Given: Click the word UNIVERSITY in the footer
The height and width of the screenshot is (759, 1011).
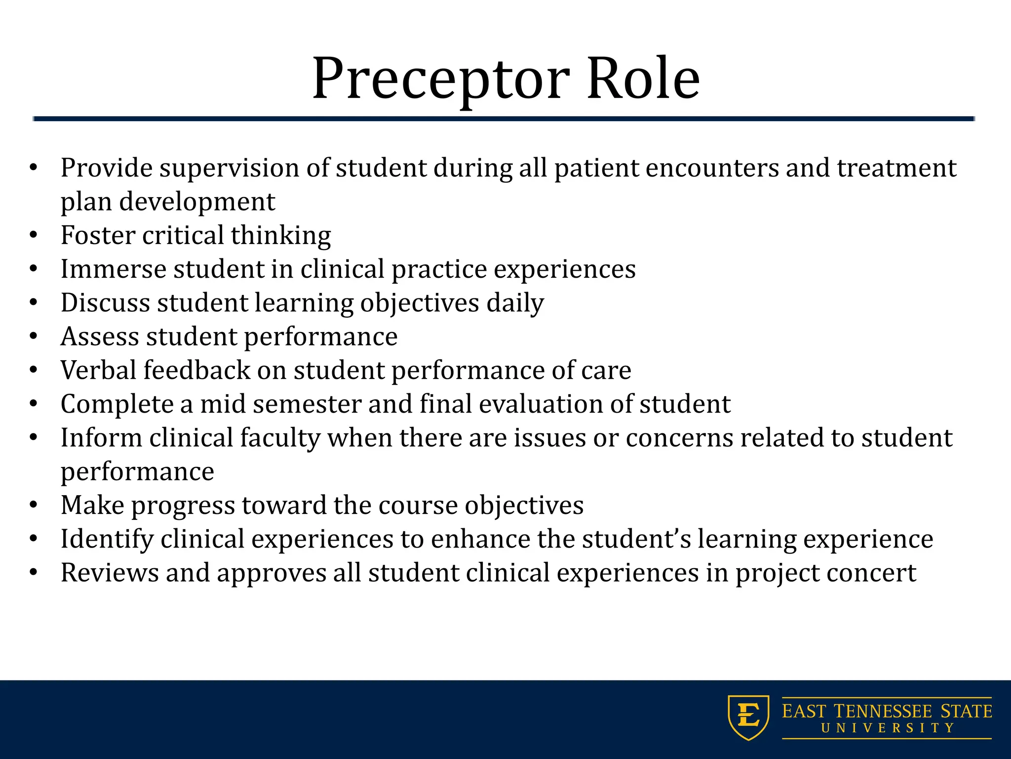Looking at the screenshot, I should coord(887,728).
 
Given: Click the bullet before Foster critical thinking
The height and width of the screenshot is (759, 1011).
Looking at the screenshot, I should coord(33,235).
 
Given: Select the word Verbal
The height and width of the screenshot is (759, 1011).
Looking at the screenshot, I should coord(98,370).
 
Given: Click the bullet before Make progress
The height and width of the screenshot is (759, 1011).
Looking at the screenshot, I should coord(33,506).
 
